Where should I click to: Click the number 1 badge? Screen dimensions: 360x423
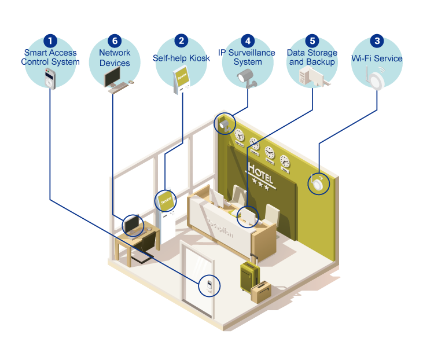point(51,41)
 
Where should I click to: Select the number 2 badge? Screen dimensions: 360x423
point(182,41)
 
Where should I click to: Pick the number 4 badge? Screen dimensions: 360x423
point(248,41)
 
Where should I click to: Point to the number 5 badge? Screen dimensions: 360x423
point(312,41)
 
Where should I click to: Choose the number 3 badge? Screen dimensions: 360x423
point(377,41)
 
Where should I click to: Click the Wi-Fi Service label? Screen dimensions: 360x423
point(377,58)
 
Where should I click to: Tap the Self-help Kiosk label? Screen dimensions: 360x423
point(182,58)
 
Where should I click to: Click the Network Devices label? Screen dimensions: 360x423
point(115,57)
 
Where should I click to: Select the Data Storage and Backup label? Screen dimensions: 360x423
point(312,57)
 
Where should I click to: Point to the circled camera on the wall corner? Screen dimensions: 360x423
point(224,123)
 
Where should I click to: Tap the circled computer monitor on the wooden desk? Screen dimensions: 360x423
point(133,224)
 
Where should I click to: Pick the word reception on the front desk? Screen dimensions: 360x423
point(220,227)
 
